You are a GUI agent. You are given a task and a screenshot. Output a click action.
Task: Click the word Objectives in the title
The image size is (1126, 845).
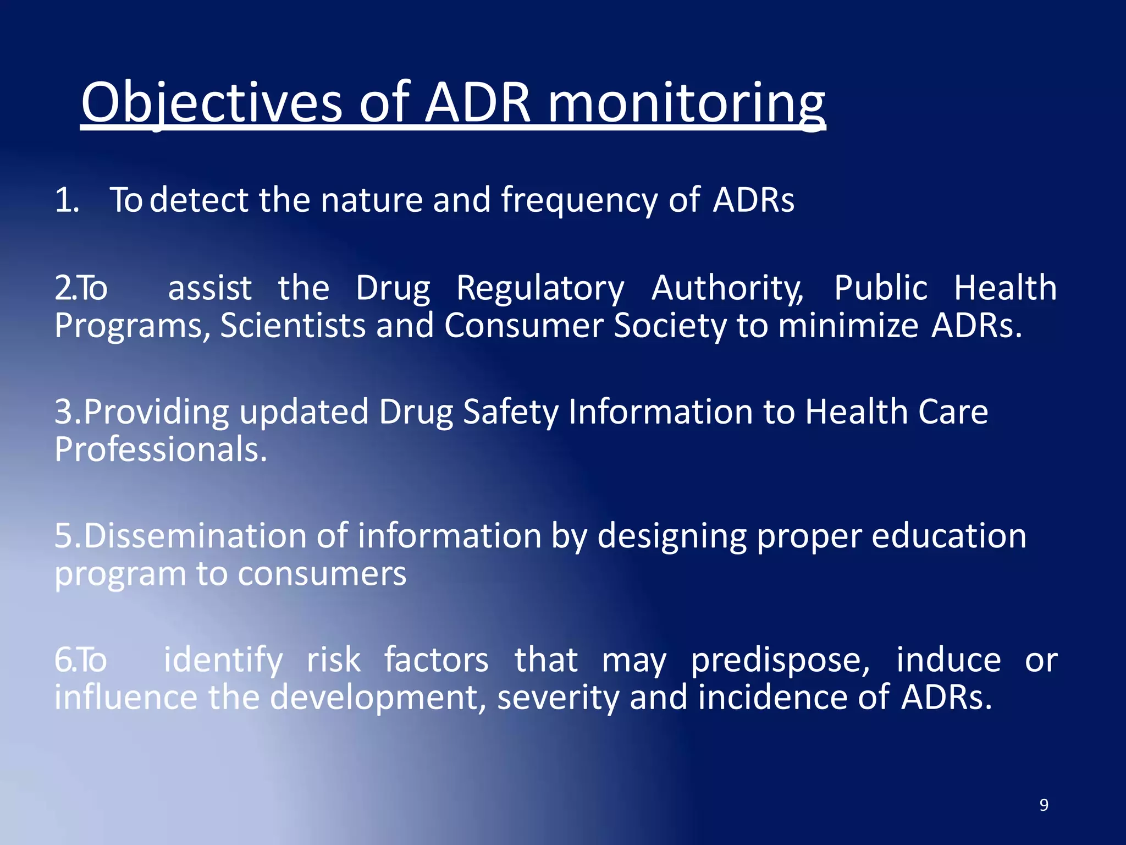click(x=212, y=103)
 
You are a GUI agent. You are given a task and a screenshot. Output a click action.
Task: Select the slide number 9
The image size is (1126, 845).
click(x=1044, y=805)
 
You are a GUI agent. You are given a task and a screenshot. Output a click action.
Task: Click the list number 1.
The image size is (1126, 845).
click(x=67, y=200)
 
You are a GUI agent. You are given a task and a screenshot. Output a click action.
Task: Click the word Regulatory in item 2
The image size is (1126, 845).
click(x=540, y=288)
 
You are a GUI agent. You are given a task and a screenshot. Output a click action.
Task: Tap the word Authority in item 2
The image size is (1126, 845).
click(x=727, y=288)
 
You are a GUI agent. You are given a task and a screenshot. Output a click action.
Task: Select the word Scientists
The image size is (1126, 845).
click(x=292, y=326)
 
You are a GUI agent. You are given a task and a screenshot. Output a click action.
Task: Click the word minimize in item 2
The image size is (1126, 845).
click(x=848, y=326)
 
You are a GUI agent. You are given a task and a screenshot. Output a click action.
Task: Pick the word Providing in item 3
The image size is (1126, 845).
click(x=156, y=413)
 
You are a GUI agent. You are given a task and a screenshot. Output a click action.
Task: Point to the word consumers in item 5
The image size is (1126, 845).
click(x=322, y=574)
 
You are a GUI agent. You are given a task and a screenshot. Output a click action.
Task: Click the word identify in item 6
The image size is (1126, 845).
click(x=223, y=660)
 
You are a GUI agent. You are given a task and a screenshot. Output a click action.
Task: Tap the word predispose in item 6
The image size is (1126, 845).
click(x=780, y=660)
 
